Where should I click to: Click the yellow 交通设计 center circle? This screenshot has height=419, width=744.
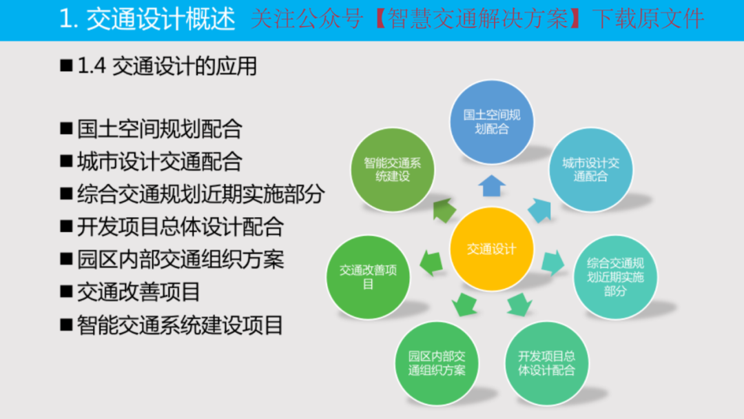point(492,249)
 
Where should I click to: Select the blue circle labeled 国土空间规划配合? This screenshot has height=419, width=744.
point(492,122)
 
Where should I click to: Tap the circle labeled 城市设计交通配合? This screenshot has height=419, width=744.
point(591,170)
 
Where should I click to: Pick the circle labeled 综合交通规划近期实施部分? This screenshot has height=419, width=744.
point(615,277)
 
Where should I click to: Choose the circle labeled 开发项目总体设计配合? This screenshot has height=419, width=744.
point(546,363)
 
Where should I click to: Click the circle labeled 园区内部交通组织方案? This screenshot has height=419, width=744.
point(437,363)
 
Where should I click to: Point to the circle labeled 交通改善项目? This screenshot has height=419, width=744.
point(368,277)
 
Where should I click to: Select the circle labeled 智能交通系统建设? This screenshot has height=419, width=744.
point(393,170)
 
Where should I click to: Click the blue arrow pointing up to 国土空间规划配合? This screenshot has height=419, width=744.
point(492,185)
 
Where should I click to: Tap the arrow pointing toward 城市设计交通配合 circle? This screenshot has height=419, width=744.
point(540,209)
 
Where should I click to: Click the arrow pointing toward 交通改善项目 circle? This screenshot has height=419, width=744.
point(431,263)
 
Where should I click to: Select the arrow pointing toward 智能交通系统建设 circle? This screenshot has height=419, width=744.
point(444,209)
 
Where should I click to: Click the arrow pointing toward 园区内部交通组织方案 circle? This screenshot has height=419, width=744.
point(464,304)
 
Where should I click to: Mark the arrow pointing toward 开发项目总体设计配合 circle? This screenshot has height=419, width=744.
point(519,304)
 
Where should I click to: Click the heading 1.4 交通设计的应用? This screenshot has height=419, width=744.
point(167,66)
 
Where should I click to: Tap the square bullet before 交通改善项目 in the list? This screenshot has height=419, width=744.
point(66,292)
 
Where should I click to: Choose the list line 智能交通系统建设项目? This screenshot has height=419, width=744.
point(180,325)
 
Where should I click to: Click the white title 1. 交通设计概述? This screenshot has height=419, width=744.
point(147,19)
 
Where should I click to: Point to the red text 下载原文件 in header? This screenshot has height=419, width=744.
point(648,19)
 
